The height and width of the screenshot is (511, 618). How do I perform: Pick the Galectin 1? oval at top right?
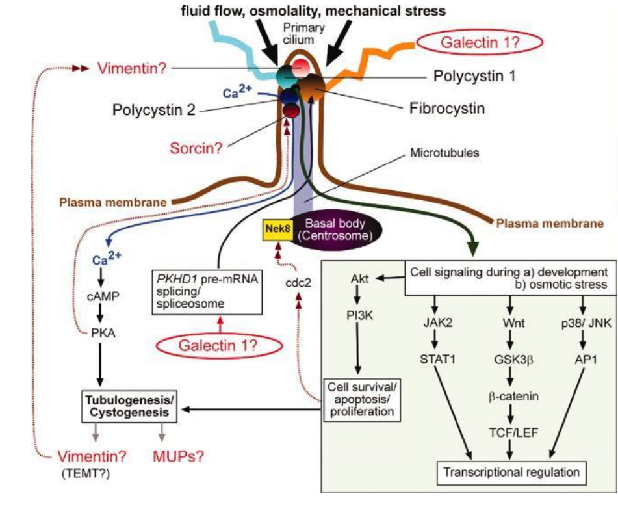point(482,44)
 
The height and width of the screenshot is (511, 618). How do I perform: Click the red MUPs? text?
point(177,456)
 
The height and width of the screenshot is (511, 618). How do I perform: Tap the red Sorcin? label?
point(196,148)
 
